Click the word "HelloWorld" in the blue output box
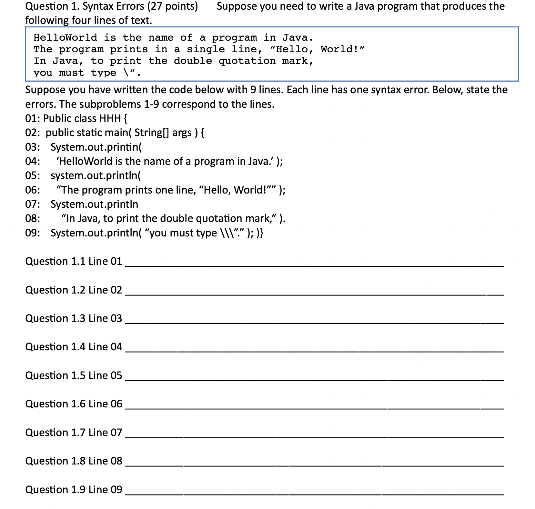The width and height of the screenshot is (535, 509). tap(65, 38)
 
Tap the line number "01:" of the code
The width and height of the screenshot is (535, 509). tap(33, 119)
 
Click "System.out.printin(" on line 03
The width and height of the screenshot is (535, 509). tap(96, 147)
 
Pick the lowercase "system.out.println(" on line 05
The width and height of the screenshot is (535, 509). tap(96, 175)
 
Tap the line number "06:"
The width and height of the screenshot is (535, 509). tap(33, 190)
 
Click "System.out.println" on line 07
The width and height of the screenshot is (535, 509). tap(94, 204)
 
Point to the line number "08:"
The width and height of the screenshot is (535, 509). tap(33, 218)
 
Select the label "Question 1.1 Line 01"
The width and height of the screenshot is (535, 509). tap(74, 261)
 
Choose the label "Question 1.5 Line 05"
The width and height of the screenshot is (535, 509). tap(74, 375)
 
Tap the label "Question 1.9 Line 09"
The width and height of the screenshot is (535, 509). tap(74, 490)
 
